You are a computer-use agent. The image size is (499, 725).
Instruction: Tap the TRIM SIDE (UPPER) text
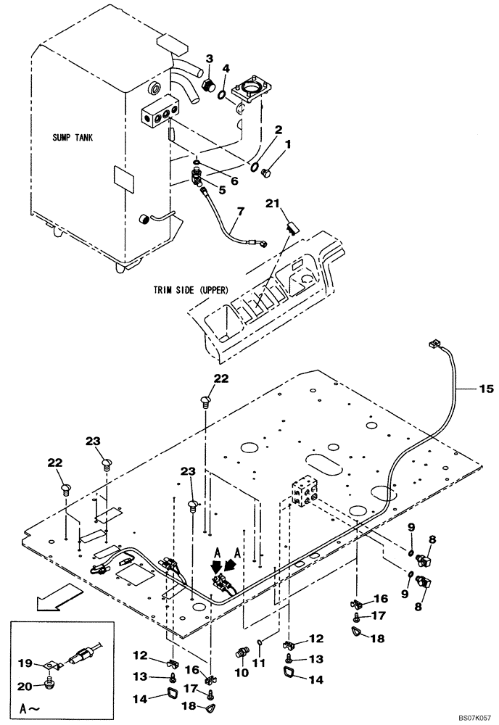[191, 289]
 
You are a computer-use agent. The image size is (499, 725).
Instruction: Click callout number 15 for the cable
[484, 389]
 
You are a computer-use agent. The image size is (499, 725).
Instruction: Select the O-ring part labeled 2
[256, 168]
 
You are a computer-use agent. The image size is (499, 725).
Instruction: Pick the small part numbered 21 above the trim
[292, 228]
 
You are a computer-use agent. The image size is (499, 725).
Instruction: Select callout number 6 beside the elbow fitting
[234, 181]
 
